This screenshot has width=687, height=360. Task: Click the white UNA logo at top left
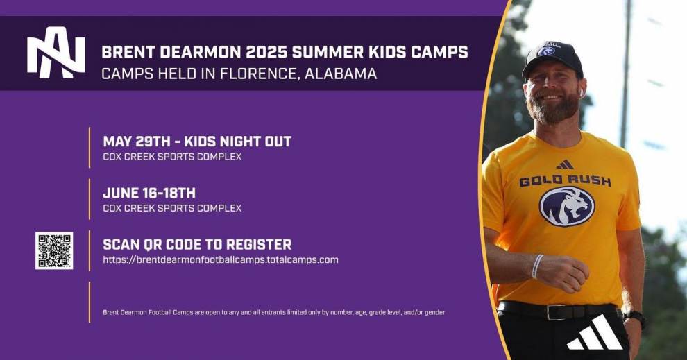click(x=56, y=57)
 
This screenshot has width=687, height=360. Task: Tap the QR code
click(x=54, y=250)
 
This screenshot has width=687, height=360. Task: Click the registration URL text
click(x=221, y=259)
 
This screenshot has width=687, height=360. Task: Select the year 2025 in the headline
click(x=266, y=52)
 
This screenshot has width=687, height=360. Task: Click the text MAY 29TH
click(x=136, y=142)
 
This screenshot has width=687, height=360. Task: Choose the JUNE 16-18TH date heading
click(x=149, y=193)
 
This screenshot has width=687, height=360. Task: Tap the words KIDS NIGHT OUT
click(x=237, y=142)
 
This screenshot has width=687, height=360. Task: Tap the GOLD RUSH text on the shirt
click(x=565, y=180)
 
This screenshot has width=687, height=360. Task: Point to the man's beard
click(x=554, y=108)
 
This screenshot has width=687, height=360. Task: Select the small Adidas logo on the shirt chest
click(x=565, y=164)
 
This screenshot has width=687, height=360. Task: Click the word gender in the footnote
click(x=434, y=313)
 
